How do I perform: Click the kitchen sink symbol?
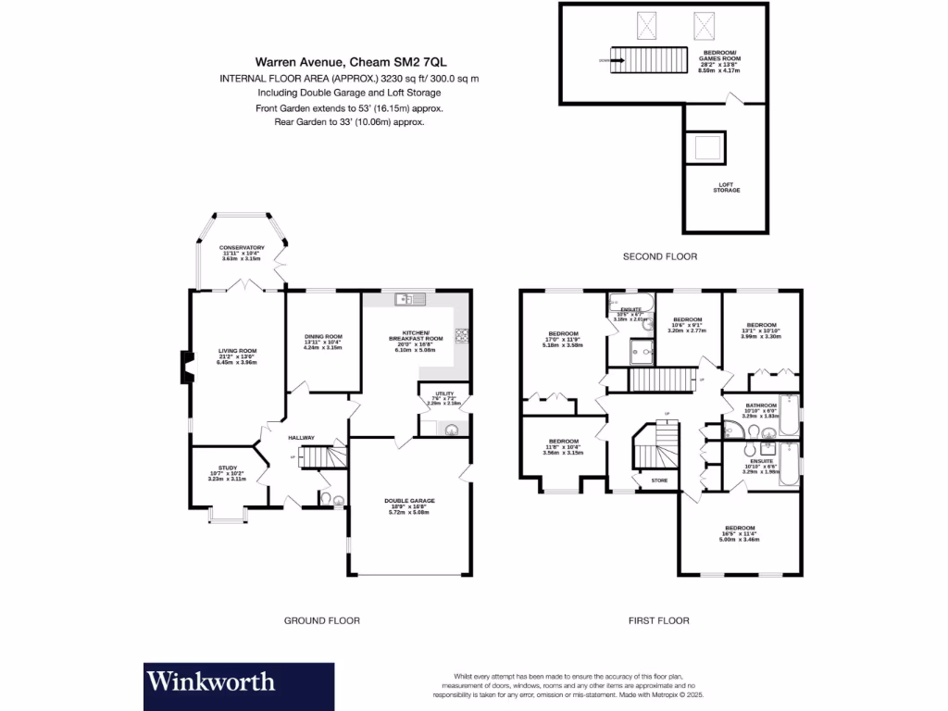407,298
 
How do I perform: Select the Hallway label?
301,438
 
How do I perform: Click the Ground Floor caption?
321,620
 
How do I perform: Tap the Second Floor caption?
660,256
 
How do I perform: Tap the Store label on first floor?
659,480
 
